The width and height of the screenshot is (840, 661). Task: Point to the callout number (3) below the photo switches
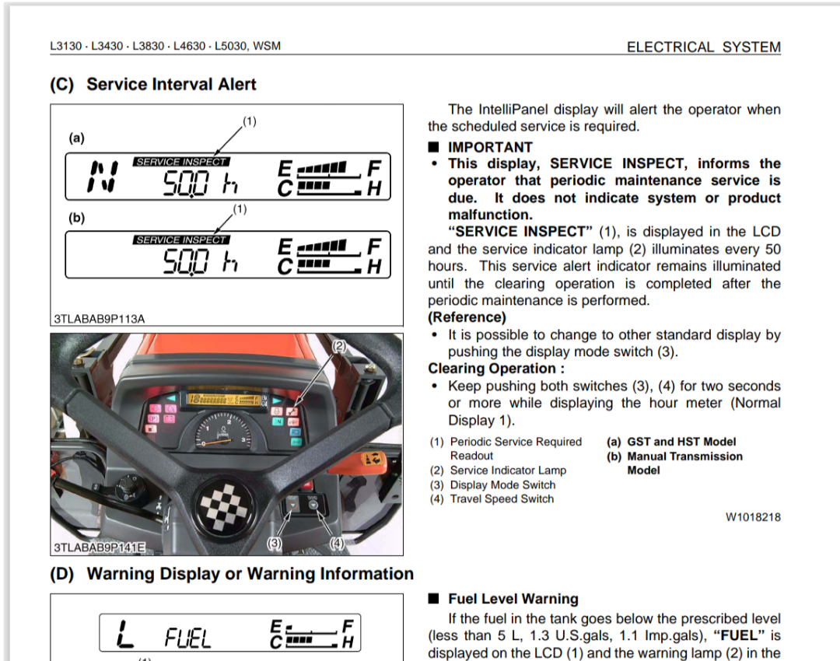pos(275,542)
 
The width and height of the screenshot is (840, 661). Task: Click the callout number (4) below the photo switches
pos(337,542)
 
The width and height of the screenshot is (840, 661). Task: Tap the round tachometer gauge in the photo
pos(222,432)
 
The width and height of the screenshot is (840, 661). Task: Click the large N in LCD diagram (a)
pos(102,177)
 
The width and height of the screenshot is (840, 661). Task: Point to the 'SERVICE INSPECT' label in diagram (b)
pos(181,240)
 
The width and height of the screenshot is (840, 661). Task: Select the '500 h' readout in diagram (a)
pos(199,184)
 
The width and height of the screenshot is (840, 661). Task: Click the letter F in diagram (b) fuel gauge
pos(374,247)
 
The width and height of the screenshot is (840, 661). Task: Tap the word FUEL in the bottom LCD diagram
pos(187,639)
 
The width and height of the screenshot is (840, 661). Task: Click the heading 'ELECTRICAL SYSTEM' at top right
pos(703,47)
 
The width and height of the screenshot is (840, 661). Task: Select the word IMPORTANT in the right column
pos(490,147)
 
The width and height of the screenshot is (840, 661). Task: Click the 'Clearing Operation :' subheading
pos(496,369)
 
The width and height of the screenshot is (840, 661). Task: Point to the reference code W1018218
pos(753,516)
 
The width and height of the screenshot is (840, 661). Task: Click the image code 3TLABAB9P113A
pos(100,318)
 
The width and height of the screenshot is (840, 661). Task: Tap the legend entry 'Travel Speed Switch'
pos(502,499)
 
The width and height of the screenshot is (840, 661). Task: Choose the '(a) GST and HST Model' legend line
pos(670,442)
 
